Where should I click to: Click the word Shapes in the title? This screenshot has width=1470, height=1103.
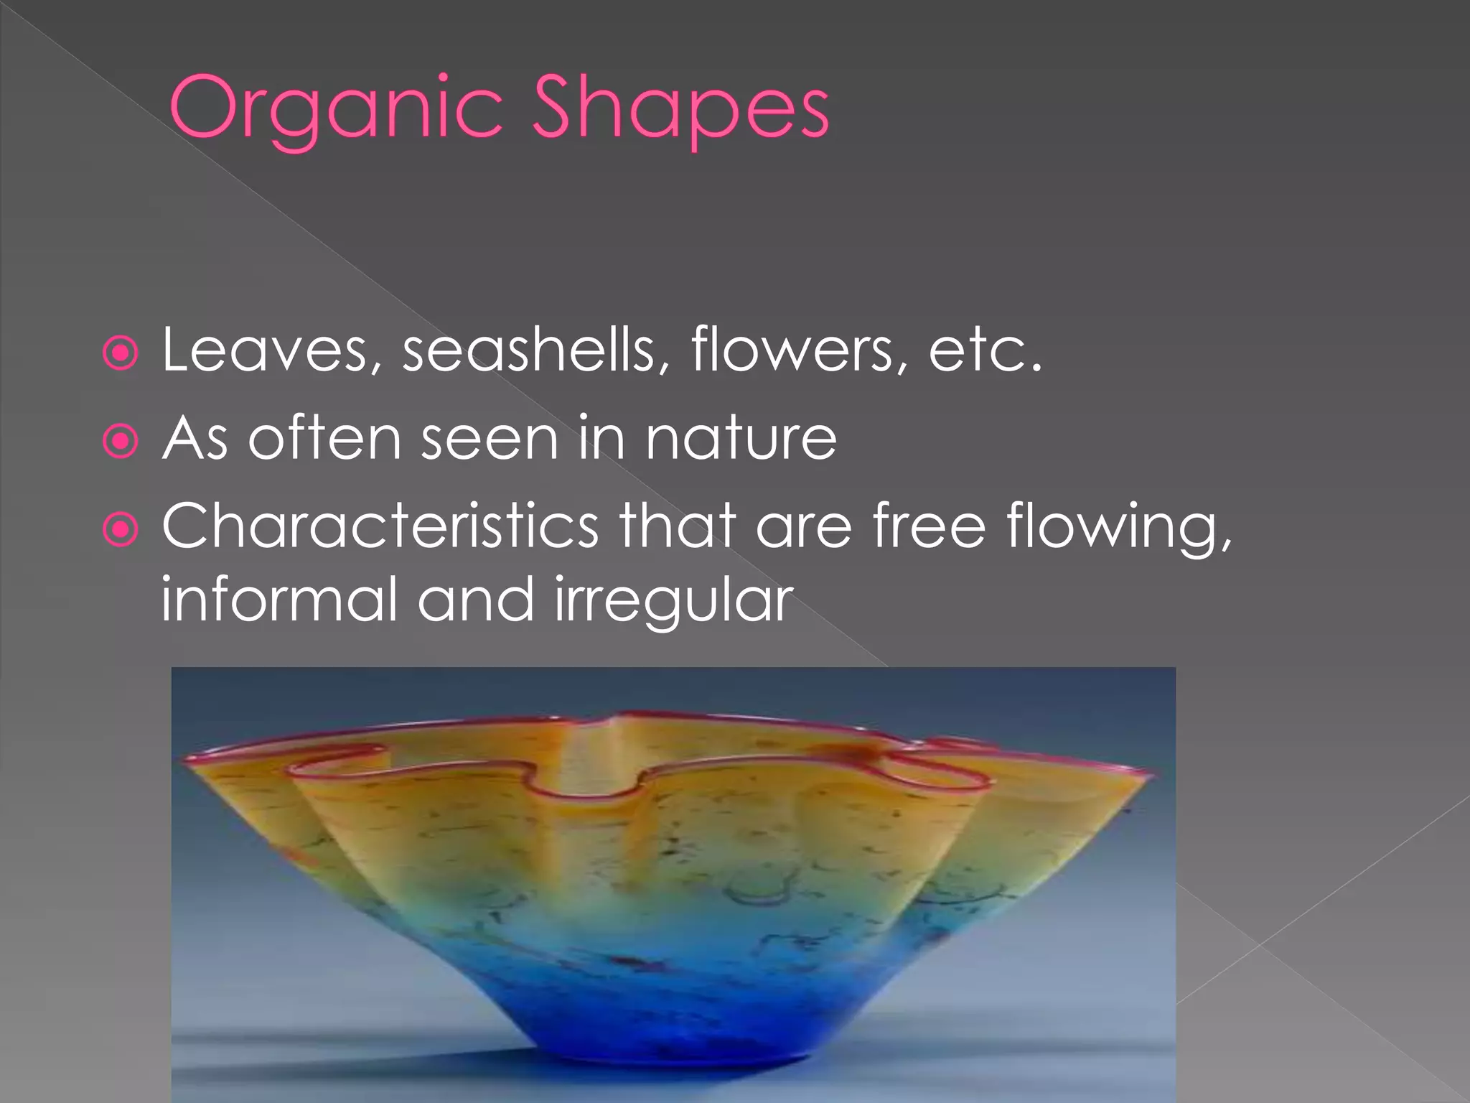680,109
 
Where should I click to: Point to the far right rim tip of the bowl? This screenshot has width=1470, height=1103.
1153,774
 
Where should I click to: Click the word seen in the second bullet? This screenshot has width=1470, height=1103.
489,439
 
